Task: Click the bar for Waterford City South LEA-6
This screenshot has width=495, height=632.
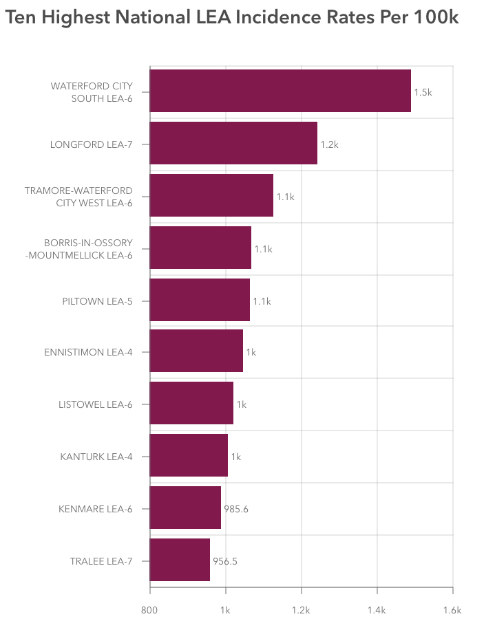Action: click(280, 91)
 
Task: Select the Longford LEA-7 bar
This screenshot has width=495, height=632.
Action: click(233, 143)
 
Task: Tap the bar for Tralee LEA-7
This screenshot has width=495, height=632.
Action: click(180, 560)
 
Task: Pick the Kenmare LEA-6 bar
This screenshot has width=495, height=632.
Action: click(185, 508)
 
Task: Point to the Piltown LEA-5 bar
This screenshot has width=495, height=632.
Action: click(200, 300)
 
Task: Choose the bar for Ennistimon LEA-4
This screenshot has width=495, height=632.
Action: click(196, 351)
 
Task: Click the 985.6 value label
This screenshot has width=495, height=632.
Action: click(236, 509)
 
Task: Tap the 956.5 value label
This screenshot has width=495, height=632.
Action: click(225, 561)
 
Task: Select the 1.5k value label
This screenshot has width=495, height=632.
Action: click(423, 92)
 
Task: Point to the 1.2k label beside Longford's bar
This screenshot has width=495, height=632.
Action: click(329, 144)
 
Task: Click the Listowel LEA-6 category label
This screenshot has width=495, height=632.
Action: click(95, 404)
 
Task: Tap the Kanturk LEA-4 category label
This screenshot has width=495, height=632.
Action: click(96, 457)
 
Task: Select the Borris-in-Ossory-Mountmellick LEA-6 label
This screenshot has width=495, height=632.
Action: click(87, 248)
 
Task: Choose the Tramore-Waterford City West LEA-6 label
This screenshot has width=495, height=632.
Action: click(78, 196)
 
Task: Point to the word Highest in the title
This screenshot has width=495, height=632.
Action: click(76, 18)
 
